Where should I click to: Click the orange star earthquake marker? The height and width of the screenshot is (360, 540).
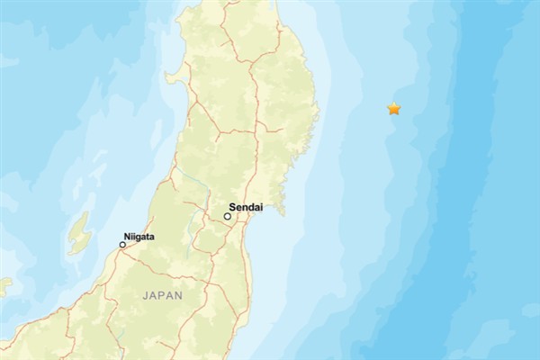tap(393, 109)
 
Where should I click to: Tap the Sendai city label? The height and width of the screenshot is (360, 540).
tap(246, 206)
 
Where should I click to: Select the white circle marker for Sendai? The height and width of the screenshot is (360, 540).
tap(228, 216)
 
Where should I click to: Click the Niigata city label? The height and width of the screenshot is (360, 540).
tap(139, 237)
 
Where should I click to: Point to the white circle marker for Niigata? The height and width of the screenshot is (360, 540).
tap(122, 244)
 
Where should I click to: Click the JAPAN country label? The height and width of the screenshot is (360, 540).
tap(162, 294)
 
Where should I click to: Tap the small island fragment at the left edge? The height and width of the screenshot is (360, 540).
tap(4, 287)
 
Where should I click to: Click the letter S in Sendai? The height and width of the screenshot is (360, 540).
tap(232, 206)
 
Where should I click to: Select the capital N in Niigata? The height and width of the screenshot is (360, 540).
tap(127, 237)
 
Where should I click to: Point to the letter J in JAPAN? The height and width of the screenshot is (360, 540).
tap(145, 294)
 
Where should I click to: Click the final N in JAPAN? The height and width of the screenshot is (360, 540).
tap(178, 294)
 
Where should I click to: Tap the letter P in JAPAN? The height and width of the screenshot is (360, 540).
tap(161, 294)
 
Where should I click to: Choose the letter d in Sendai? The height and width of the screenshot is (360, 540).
tap(251, 206)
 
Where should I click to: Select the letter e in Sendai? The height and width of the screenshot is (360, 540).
tap(238, 206)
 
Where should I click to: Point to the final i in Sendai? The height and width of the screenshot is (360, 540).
tap(260, 206)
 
